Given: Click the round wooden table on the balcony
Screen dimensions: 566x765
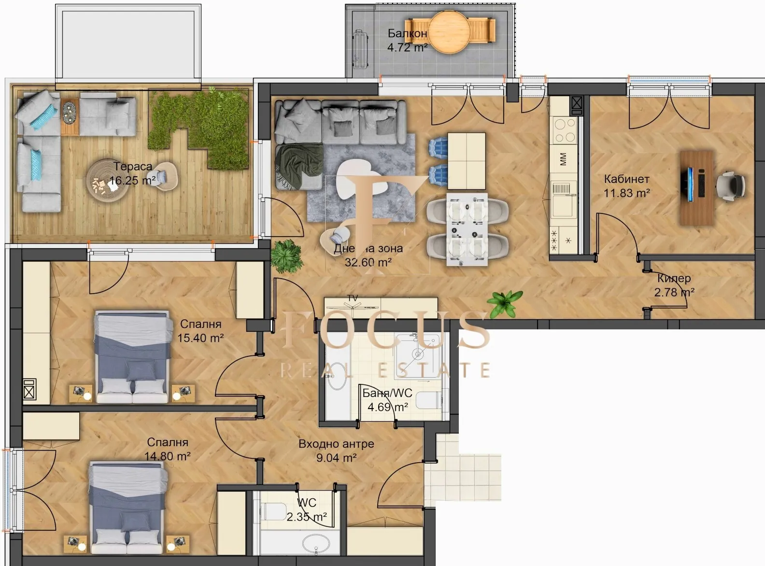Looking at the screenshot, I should click(449, 31).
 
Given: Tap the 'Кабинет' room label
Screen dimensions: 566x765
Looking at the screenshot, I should click(626, 179).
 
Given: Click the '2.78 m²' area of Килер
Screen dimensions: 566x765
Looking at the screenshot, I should click(674, 292).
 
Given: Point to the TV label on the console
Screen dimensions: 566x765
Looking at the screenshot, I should click(353, 298).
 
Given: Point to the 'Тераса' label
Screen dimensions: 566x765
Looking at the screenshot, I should click(133, 167).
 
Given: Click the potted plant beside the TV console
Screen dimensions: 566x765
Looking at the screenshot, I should click(505, 303).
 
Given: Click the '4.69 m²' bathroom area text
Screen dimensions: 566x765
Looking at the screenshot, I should click(387, 407).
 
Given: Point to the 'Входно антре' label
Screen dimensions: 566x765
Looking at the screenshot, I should click(336, 444).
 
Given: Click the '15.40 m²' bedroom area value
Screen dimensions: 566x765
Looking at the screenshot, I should click(200, 338).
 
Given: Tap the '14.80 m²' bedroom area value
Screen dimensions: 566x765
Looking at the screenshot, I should click(167, 455).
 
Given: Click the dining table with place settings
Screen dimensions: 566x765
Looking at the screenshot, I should click(467, 229).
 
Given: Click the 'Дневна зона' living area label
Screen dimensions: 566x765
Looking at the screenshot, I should click(368, 249).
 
